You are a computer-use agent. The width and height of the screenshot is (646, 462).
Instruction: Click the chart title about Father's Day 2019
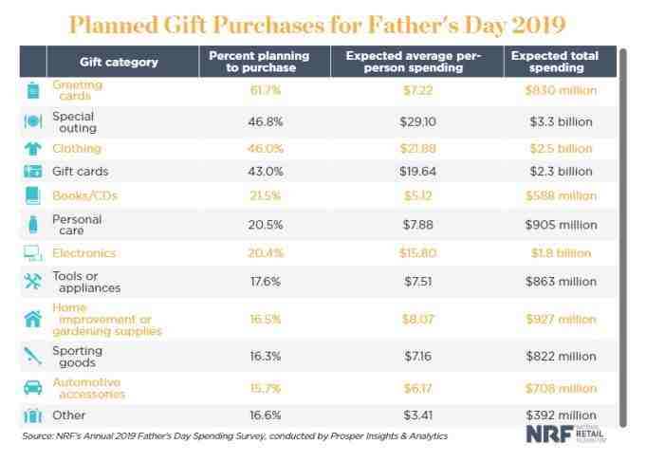(x=323, y=22)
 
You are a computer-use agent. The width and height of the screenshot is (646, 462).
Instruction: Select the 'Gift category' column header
(x=119, y=62)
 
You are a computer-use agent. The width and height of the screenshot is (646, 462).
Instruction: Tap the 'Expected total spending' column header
(x=556, y=62)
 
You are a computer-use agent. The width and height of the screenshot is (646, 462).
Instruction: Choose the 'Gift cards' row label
(x=81, y=172)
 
